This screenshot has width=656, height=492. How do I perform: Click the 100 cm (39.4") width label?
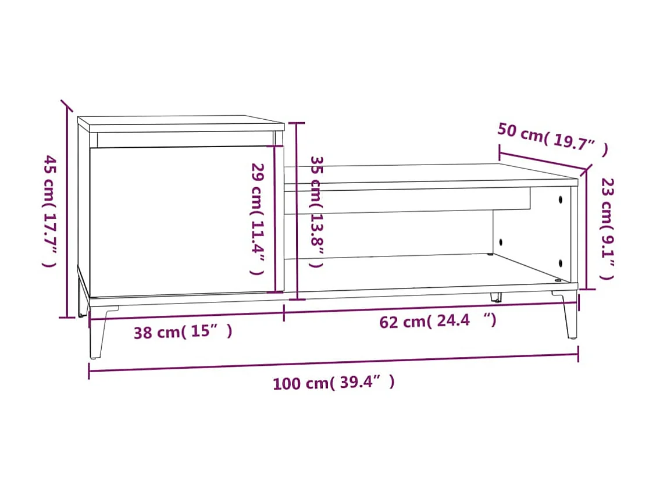(333, 383)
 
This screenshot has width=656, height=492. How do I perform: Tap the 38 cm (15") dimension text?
(183, 332)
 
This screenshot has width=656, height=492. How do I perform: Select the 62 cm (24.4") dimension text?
(438, 320)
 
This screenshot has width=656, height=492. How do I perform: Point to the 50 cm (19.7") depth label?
(552, 140)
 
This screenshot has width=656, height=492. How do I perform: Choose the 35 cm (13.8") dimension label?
(316, 211)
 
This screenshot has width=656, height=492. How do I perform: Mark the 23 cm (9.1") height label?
(607, 229)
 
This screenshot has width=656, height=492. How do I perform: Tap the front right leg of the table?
(569, 317)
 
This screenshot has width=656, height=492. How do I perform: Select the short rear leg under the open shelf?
(496, 297)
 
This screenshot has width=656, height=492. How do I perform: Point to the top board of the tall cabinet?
(180, 123)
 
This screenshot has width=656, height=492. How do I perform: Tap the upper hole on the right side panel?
(561, 199)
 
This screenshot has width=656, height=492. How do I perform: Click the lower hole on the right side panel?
(561, 262)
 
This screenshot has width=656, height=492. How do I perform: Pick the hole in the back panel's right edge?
(501, 241)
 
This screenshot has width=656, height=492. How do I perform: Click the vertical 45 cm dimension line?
(67, 209)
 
